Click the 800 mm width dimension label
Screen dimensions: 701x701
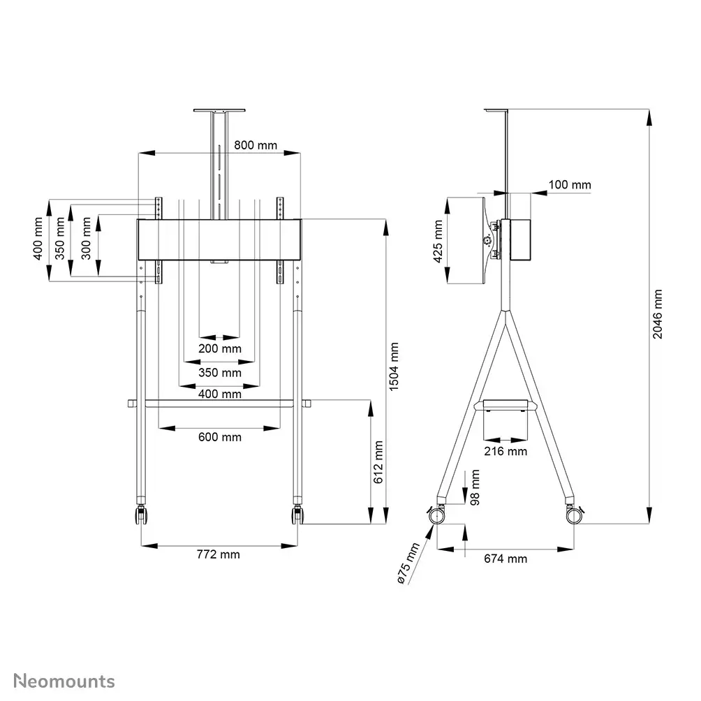coord(255,145)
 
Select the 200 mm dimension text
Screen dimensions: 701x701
coord(219,348)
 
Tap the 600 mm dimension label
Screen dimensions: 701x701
coord(219,437)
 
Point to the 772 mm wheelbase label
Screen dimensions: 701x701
coord(218,554)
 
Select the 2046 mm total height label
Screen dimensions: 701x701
coord(658,314)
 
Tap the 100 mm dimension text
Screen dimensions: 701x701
coord(570,185)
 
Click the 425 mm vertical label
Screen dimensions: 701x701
coord(438,241)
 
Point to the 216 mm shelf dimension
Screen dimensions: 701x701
coord(506,451)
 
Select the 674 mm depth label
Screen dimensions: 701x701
coord(506,559)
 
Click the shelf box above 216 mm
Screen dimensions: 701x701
coord(506,406)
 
